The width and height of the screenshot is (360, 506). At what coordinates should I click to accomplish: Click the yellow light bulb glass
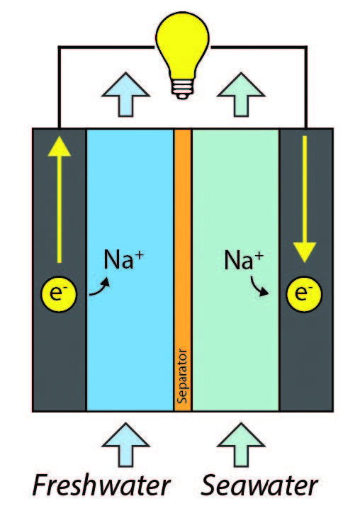click(x=182, y=45)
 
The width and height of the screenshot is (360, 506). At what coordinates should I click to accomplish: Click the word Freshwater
click(x=101, y=485)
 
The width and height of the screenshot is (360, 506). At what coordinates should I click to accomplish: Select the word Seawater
click(x=259, y=485)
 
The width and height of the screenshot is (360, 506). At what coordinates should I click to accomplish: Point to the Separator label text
click(x=183, y=376)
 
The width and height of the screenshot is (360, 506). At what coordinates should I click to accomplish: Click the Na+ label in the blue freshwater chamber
click(x=123, y=259)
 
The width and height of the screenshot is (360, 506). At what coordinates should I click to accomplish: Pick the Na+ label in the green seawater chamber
click(x=244, y=260)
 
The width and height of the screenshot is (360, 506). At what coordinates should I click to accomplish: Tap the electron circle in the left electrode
click(x=59, y=294)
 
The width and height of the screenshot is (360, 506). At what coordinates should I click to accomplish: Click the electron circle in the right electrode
click(x=304, y=294)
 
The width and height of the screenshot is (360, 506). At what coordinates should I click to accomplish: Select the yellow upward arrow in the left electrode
click(x=59, y=199)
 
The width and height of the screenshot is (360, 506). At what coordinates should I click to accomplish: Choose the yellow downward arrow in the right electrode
click(x=305, y=199)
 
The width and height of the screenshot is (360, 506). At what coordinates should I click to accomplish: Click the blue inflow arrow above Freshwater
click(x=125, y=445)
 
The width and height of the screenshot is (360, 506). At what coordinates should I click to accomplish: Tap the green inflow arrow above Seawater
click(x=241, y=445)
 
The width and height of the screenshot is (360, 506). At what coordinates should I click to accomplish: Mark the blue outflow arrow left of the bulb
click(x=125, y=94)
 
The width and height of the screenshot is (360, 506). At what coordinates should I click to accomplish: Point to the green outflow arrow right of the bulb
click(x=241, y=94)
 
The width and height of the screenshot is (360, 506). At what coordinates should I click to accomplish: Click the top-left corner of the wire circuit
click(x=59, y=47)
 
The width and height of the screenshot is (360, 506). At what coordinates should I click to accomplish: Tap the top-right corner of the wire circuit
click(x=306, y=47)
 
